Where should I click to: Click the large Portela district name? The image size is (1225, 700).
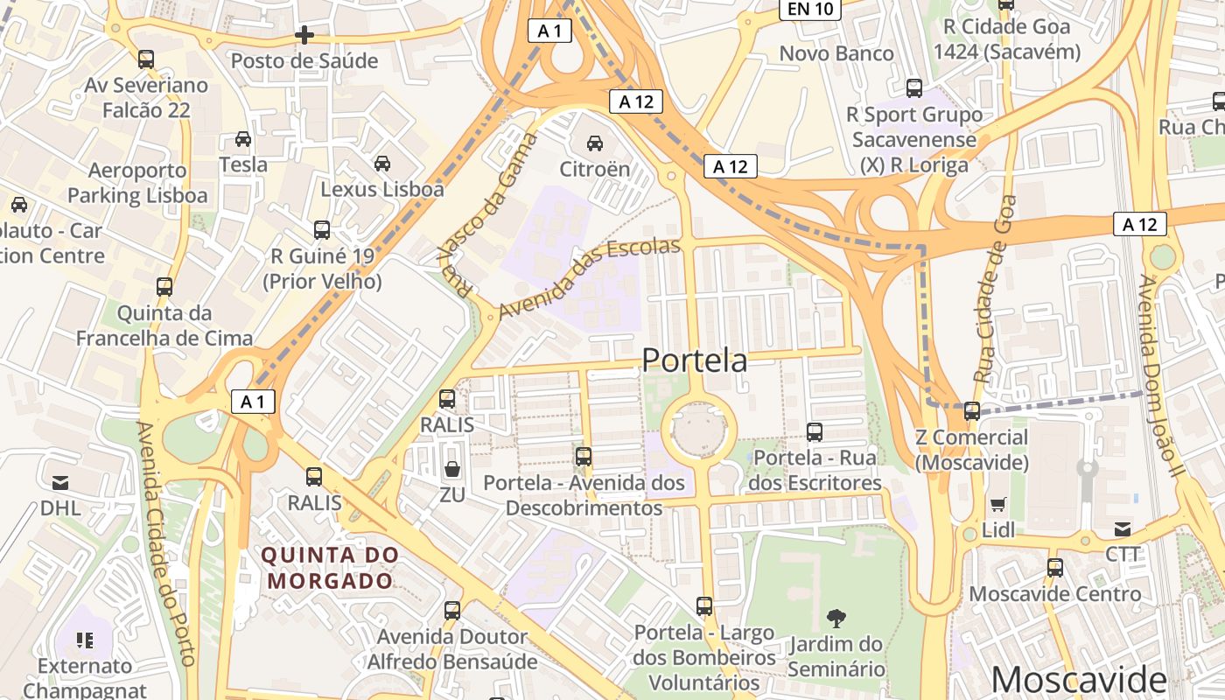coord(695,360)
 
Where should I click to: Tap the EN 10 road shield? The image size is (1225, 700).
coord(809,10)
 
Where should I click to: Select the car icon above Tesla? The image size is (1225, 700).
coord(243,139)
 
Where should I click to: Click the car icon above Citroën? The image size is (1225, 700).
coord(595,143)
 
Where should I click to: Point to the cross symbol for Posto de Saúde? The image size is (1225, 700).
coord(304,35)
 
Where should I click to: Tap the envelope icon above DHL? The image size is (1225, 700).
coord(60,483)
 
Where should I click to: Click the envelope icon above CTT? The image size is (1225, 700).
coord(1123,528)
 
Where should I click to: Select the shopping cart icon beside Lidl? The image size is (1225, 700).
coord(997,504)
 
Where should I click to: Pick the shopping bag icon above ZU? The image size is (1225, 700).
coord(452,470)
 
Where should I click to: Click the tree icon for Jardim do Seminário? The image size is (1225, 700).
coord(836,619)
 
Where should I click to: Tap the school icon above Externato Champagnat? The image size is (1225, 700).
coord(85,640)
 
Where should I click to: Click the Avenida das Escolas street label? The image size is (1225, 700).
coord(589,277)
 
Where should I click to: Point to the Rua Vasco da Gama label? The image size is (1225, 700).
coord(486,214)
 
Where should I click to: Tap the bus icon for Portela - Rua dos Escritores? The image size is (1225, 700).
coord(815,431)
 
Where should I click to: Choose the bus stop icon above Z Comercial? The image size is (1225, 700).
coord(972,411)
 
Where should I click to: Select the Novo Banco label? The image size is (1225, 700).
coord(836,53)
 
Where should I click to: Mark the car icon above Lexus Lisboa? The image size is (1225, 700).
coord(382,164)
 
